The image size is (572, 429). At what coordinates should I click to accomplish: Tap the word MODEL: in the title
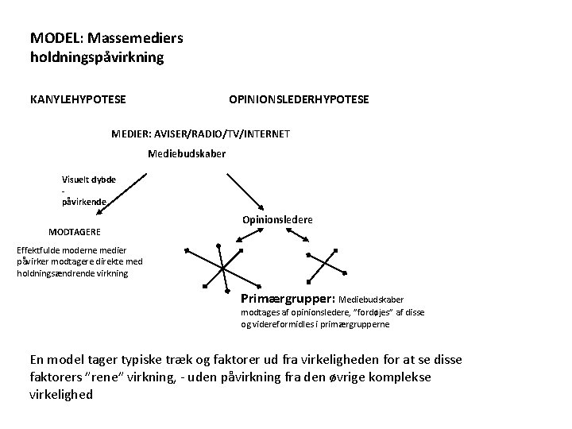(x=57, y=37)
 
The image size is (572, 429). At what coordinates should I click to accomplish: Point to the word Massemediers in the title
(x=137, y=37)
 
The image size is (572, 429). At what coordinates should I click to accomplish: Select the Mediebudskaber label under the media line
(x=187, y=153)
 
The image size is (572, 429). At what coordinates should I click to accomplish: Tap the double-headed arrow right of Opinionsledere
(x=292, y=234)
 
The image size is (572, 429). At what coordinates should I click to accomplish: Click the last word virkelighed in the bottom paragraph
(x=60, y=394)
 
